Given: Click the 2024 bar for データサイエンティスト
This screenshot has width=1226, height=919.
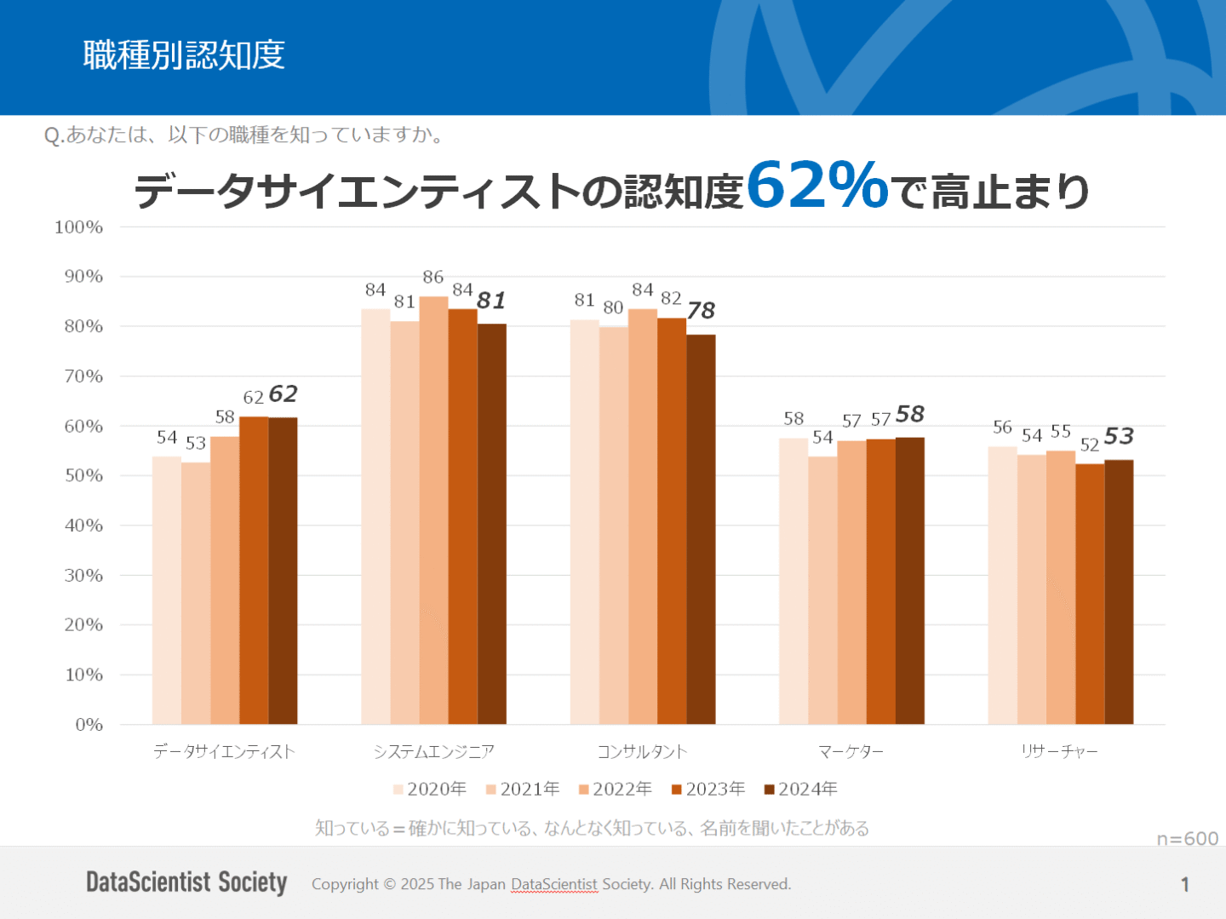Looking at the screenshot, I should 283,571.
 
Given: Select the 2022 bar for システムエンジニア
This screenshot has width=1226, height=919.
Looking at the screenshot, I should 433,511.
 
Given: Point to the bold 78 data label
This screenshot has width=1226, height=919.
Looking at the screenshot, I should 701,311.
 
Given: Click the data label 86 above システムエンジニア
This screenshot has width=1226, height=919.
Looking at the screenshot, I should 433,277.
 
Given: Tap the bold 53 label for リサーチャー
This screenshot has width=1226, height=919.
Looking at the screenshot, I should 1119,437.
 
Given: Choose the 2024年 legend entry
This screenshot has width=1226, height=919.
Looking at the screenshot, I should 801,790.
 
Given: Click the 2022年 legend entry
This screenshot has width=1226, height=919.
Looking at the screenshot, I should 616,790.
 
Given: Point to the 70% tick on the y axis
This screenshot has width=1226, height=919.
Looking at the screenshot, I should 83,376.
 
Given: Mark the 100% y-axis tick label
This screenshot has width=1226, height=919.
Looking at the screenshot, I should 78,227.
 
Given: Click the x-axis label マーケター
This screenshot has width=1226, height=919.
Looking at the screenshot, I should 851,752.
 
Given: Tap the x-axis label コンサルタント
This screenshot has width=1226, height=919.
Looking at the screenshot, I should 642,752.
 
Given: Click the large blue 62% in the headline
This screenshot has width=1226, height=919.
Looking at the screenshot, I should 817,185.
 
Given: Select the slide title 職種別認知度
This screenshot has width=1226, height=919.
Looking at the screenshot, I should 184,55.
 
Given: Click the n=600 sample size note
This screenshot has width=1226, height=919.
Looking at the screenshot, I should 1187,839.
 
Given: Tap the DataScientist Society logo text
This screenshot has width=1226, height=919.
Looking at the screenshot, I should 186,882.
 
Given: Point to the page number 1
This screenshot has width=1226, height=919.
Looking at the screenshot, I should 1184,885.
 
